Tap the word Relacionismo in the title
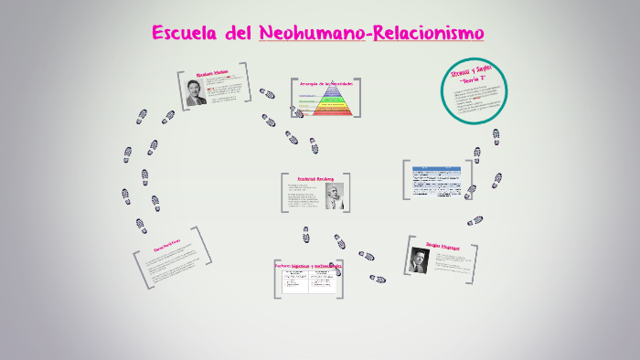427,34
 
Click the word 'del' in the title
239,34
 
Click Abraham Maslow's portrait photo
196,93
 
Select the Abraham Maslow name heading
210,73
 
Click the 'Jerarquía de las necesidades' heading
325,83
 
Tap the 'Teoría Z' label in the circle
475,79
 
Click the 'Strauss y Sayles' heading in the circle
472,70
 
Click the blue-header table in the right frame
436,180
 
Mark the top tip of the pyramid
325,89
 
